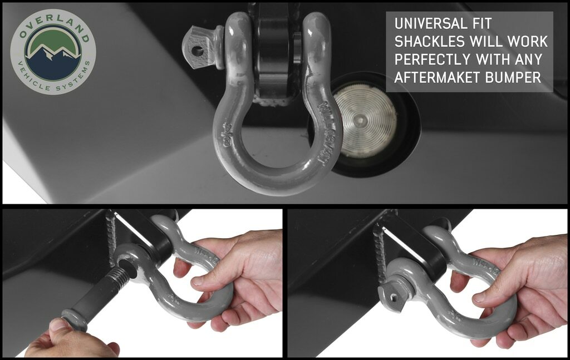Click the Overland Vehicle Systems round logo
53,51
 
